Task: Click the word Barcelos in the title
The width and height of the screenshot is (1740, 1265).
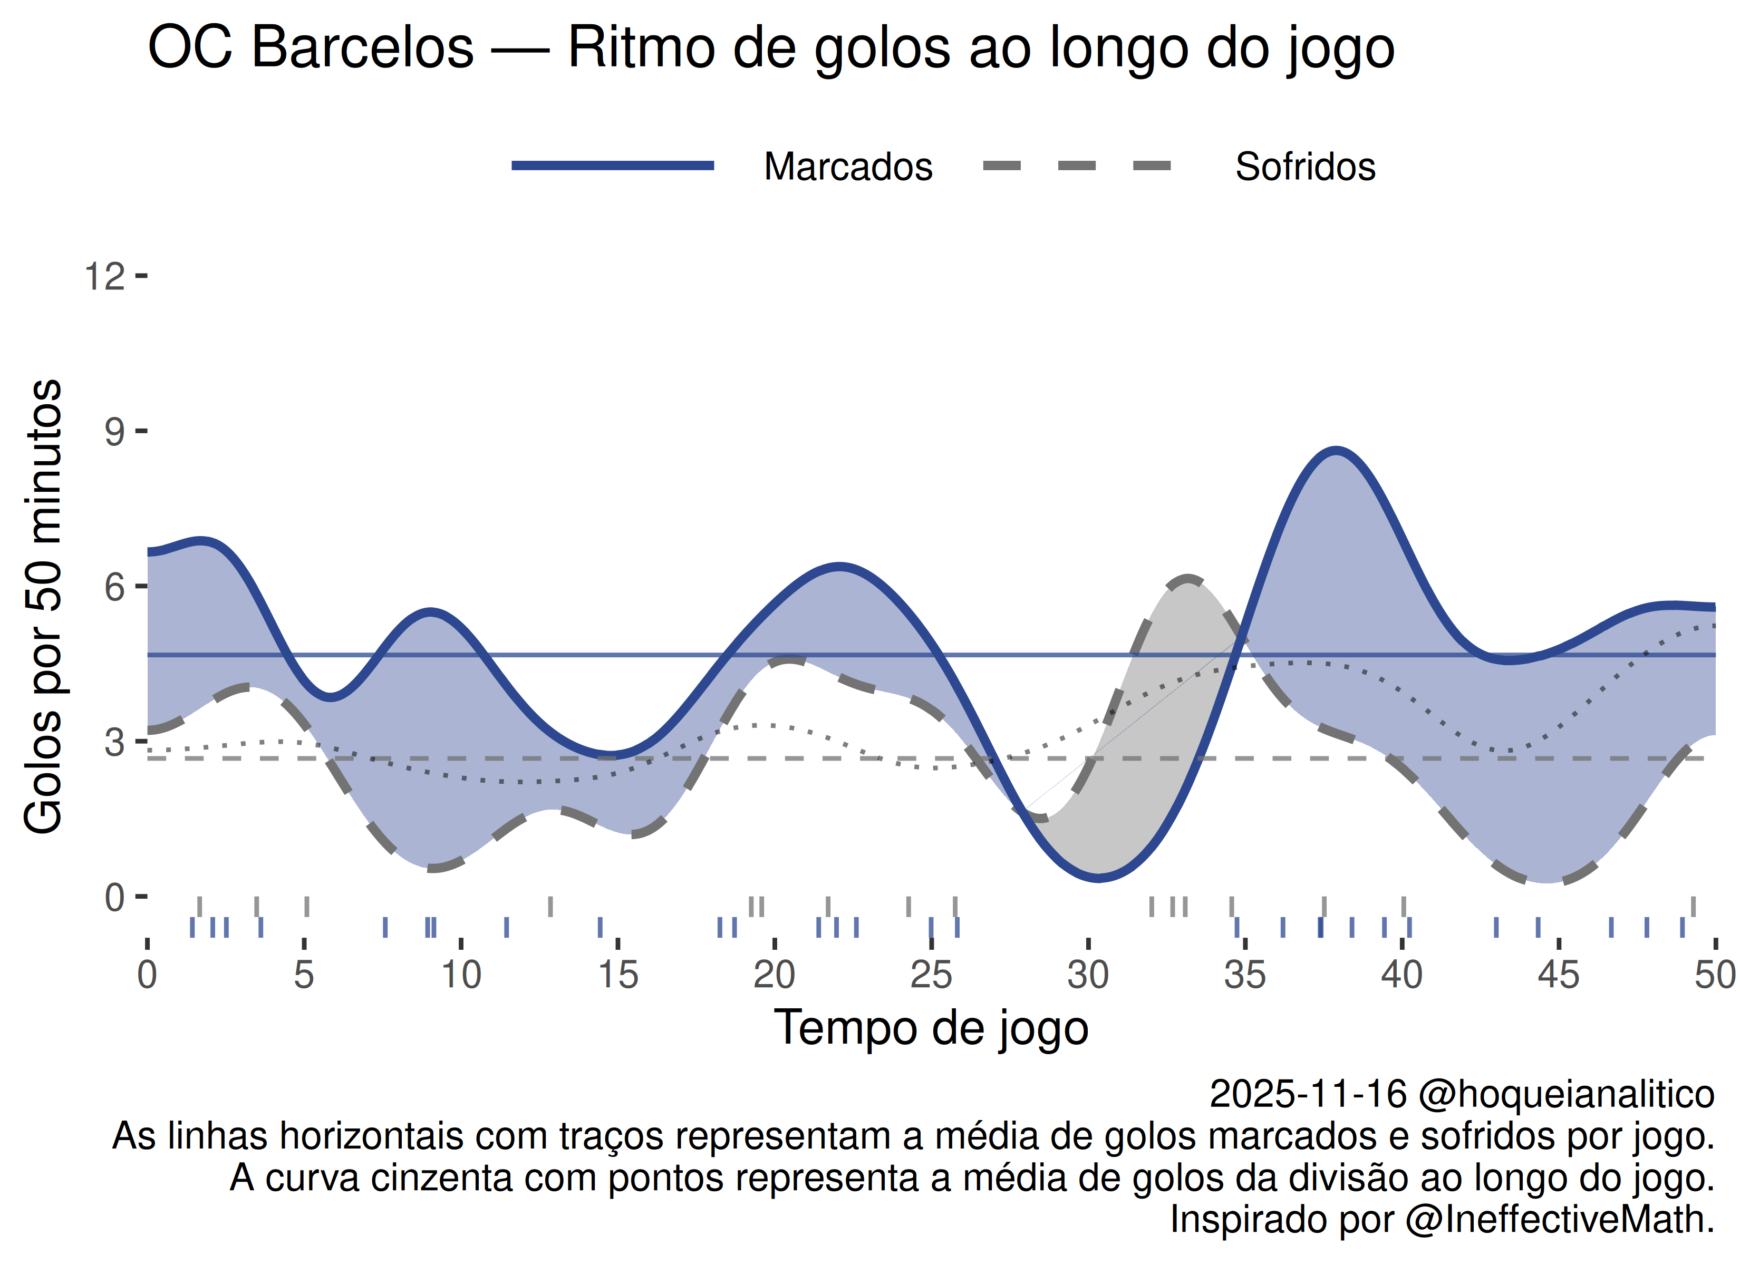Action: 362,47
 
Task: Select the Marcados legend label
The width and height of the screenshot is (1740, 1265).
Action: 848,167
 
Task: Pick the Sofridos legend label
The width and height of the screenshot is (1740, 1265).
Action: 1305,167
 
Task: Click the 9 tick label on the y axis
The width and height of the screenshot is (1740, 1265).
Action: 114,432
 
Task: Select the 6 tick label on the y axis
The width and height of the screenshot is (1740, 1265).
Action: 114,588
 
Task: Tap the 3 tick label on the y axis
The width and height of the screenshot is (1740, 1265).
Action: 114,743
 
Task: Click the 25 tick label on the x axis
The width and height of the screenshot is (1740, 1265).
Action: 931,976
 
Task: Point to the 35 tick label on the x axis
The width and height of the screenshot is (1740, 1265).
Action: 1244,976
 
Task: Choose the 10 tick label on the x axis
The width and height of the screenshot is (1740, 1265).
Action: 460,976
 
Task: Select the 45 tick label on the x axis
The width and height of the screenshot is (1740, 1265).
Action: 1558,976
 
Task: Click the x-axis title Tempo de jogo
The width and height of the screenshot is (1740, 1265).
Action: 931,1028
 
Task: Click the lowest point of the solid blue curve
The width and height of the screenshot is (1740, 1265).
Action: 1099,878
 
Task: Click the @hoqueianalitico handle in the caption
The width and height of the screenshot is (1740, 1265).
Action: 1566,1094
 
